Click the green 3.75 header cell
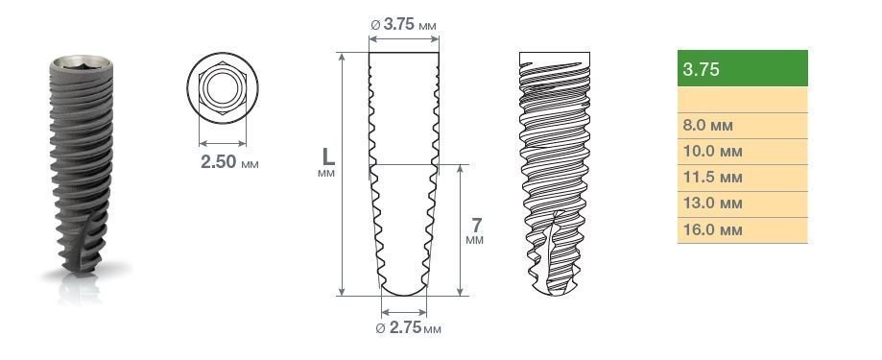click(743, 68)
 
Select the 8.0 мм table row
click(743, 126)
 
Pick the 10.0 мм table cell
click(743, 152)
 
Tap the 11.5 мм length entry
click(743, 179)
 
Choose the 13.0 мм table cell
click(743, 204)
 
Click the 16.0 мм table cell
click(743, 230)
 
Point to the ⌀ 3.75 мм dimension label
click(403, 25)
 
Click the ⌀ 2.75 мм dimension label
click(408, 328)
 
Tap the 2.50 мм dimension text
click(229, 162)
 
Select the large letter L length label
click(327, 156)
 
